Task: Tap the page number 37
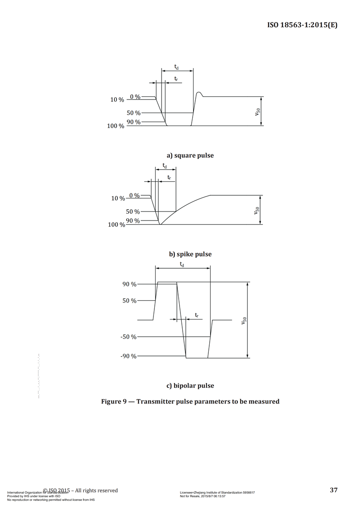point(333,490)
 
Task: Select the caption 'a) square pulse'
point(190,156)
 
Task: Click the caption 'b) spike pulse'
point(190,254)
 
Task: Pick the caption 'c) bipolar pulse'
point(190,386)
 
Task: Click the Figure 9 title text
point(190,401)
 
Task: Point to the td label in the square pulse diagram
point(176,67)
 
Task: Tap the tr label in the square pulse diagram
point(176,79)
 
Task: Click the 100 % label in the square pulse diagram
point(116,126)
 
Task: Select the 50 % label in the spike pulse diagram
point(133,212)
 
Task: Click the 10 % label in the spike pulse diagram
point(118,198)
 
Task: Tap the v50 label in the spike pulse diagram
point(256,210)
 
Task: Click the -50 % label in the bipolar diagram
point(129,337)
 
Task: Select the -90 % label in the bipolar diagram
point(129,356)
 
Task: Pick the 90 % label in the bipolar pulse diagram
point(130,284)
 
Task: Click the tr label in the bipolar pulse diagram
point(197,315)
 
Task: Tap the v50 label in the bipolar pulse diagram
point(243,320)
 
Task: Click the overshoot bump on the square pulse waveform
point(200,93)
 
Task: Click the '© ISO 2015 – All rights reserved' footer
point(81,490)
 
